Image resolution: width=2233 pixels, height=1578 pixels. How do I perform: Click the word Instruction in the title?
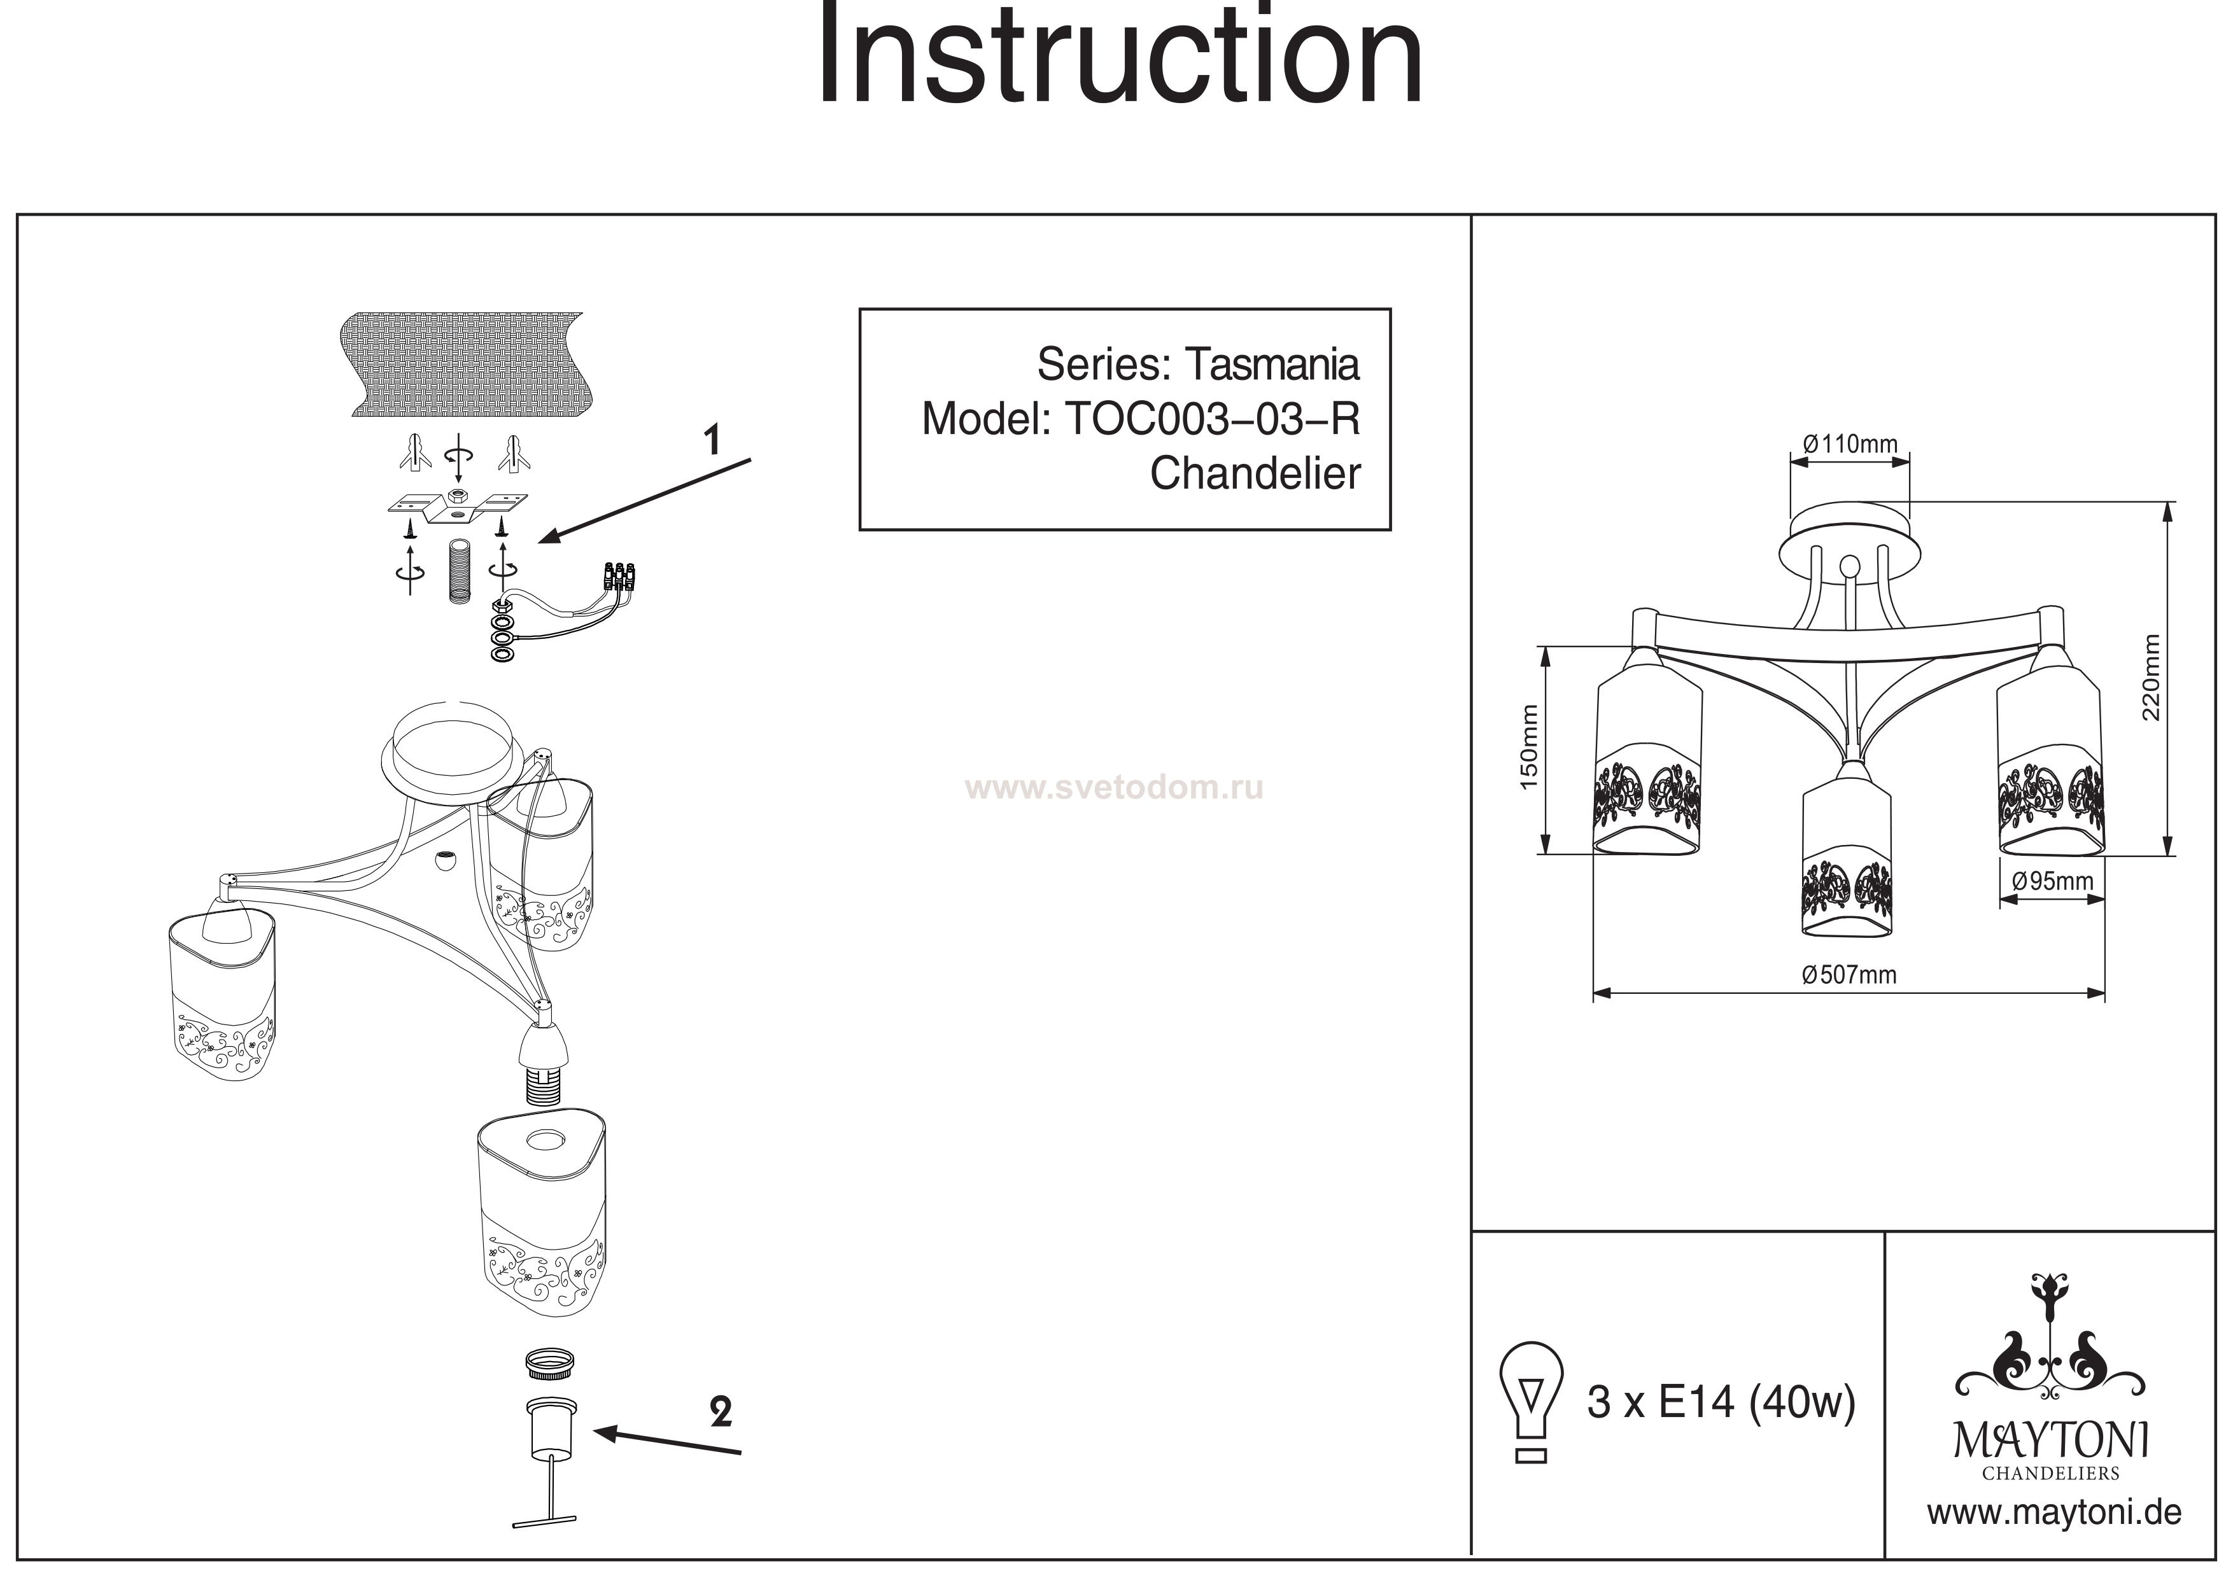[1118, 57]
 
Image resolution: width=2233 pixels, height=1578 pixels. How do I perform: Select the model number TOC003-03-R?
[1213, 419]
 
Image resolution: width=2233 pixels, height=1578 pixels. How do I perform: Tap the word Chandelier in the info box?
[1255, 473]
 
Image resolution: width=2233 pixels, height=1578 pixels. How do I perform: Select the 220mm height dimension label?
[2150, 678]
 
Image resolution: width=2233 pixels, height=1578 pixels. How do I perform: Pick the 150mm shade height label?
[1529, 747]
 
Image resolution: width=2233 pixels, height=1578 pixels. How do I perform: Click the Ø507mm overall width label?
[1849, 974]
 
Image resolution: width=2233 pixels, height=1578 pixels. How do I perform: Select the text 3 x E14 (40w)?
[1721, 1402]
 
